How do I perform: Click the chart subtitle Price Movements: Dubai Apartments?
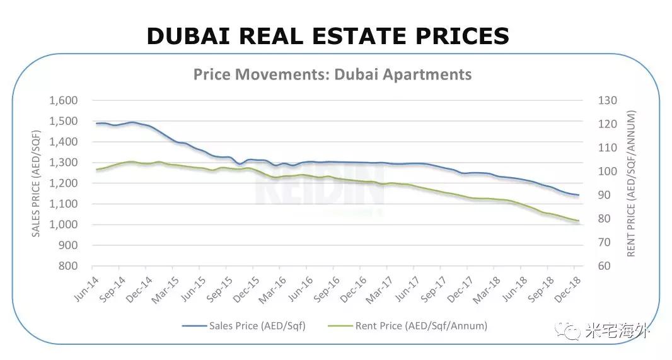(332, 74)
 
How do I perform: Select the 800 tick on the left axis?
(67, 266)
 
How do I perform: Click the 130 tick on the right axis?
(608, 100)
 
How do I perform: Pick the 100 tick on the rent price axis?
(608, 171)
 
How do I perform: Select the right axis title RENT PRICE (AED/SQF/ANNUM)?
(631, 183)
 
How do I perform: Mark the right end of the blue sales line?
(578, 195)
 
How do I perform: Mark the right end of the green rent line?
(578, 221)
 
